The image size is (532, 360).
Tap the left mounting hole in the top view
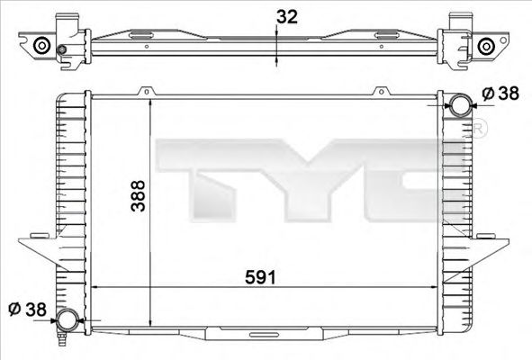[41, 46]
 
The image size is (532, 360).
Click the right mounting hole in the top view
[487, 46]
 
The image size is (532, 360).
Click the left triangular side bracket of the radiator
[38, 247]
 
